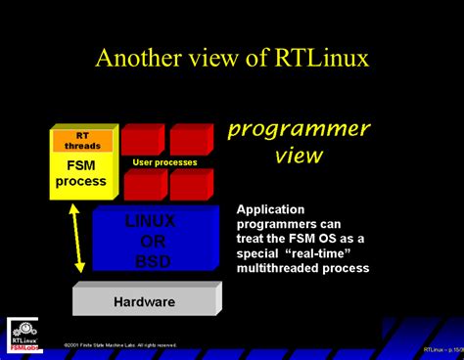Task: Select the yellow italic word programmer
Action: (299, 129)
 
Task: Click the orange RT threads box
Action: (82, 140)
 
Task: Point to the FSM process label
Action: (81, 174)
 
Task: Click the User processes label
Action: (164, 161)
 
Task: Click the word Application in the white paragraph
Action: (271, 209)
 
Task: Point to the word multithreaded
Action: (283, 267)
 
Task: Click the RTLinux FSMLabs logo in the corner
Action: (23, 333)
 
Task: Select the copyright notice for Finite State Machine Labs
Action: (119, 345)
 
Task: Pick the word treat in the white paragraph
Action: (253, 238)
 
